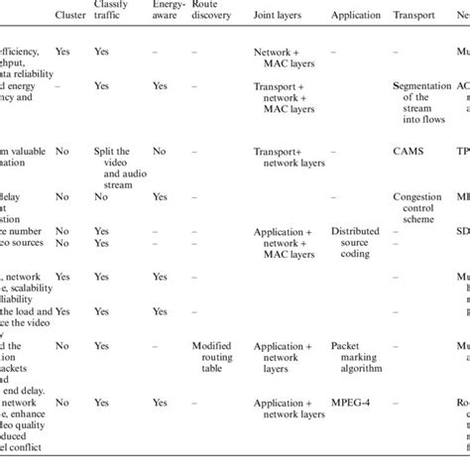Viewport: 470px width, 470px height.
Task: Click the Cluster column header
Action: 68,17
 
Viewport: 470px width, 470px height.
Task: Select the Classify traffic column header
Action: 112,11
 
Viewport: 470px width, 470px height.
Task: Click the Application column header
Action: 354,17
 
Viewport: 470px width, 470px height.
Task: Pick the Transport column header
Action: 415,17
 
